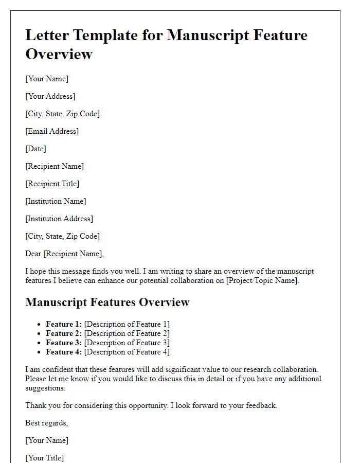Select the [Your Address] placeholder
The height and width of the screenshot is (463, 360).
click(x=50, y=96)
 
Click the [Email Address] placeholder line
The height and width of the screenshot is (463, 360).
click(x=52, y=131)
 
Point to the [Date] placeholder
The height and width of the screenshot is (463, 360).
click(x=35, y=149)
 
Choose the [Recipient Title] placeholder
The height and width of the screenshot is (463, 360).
click(x=52, y=184)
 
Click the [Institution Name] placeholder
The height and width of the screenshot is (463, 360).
click(x=56, y=201)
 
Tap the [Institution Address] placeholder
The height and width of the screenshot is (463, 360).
click(x=59, y=219)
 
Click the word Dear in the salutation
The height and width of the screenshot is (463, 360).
click(x=33, y=254)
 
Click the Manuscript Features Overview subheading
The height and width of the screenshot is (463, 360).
click(x=107, y=302)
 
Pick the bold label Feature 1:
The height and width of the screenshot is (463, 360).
click(x=64, y=324)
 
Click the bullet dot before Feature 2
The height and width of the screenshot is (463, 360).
click(x=39, y=334)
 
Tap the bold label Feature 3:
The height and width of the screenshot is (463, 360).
click(x=64, y=343)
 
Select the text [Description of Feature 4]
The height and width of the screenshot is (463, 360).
click(x=127, y=352)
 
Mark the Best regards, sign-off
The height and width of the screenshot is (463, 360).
click(x=47, y=423)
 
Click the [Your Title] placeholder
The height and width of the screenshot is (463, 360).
click(x=45, y=458)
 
